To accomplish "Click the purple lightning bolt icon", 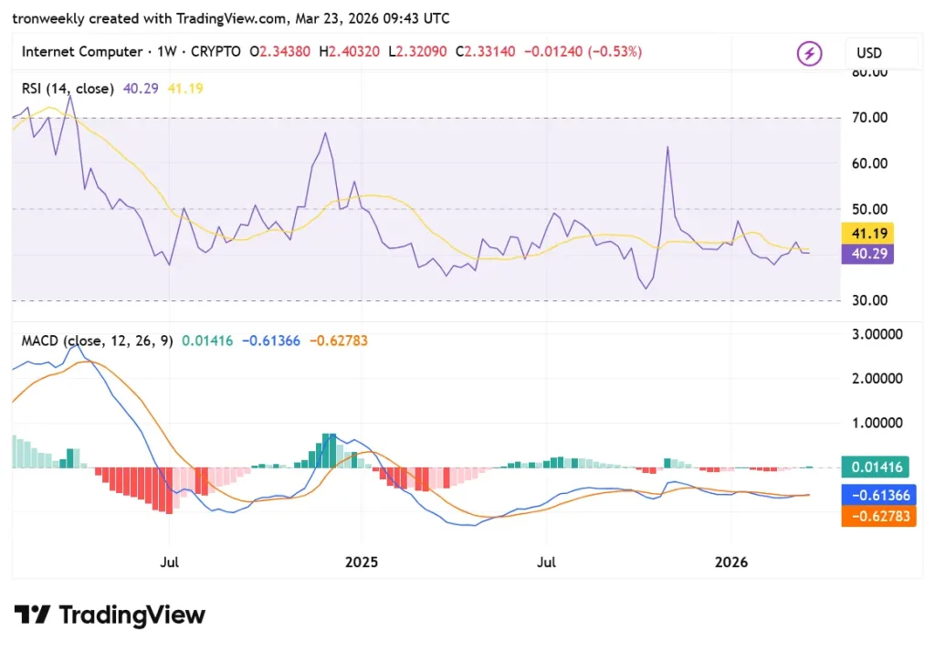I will click(x=809, y=54).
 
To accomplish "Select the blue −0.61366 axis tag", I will click(x=878, y=495).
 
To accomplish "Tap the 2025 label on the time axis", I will click(x=361, y=562).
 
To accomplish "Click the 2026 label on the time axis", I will click(x=732, y=562).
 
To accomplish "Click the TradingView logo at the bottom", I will click(x=110, y=615).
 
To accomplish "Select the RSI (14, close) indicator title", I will click(x=68, y=89).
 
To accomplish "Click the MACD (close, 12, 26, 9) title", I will click(x=97, y=341).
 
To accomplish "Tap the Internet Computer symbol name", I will click(x=81, y=52).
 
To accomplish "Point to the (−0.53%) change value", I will click(x=615, y=52).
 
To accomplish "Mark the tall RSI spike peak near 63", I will click(x=667, y=146).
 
